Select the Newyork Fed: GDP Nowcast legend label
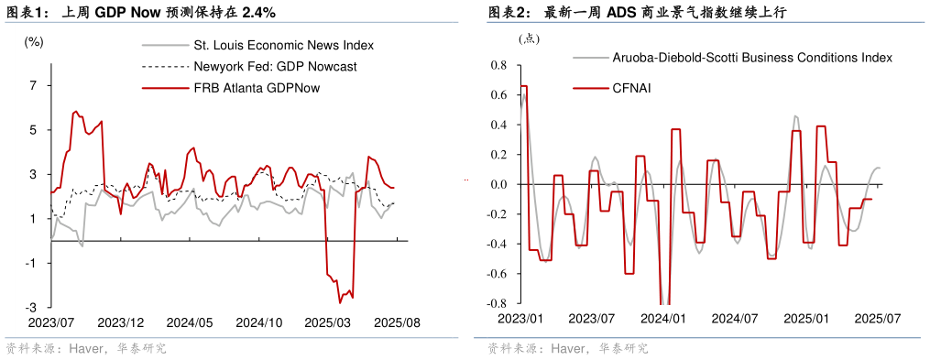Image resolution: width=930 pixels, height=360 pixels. pyautogui.click(x=275, y=66)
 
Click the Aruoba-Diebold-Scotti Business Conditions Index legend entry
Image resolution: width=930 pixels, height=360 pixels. pyautogui.click(x=751, y=57)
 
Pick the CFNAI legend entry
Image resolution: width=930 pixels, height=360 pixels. pyautogui.click(x=631, y=88)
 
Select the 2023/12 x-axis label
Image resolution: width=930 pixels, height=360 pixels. pyautogui.click(x=121, y=323)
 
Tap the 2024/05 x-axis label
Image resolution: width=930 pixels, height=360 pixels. pyautogui.click(x=190, y=323)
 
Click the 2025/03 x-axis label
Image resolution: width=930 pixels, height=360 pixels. pyautogui.click(x=328, y=323)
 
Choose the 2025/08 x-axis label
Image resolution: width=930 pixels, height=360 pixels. pyautogui.click(x=396, y=323)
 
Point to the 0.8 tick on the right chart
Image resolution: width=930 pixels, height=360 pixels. pyautogui.click(x=498, y=66)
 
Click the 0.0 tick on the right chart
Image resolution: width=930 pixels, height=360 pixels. pyautogui.click(x=498, y=185)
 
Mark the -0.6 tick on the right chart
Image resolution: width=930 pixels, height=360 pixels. pyautogui.click(x=497, y=274)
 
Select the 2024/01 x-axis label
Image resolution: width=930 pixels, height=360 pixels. pyautogui.click(x=662, y=319)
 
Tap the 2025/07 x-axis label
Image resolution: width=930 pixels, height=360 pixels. pyautogui.click(x=877, y=319)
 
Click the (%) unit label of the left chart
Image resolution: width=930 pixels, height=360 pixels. pyautogui.click(x=34, y=41)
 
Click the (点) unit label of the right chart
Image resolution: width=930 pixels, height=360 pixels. pyautogui.click(x=531, y=38)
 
